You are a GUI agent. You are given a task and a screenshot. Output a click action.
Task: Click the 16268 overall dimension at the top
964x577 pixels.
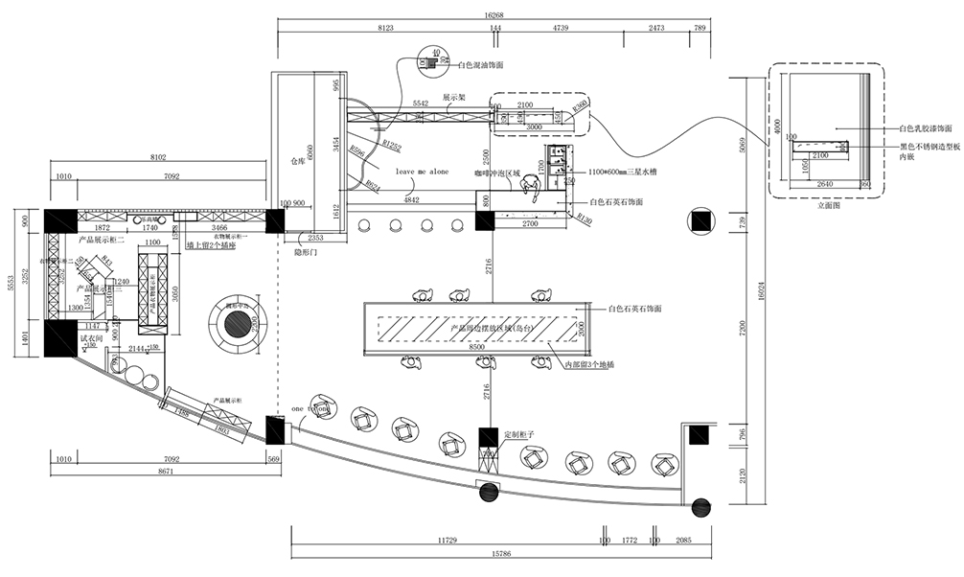point(494,15)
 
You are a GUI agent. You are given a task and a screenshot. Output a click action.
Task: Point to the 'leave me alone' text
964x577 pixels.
point(422,172)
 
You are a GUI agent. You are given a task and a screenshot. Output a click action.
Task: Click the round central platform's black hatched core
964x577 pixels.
point(236,325)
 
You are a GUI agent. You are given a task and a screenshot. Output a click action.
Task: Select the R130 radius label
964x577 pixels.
point(582,219)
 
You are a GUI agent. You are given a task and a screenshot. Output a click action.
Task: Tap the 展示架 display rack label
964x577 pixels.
point(453,98)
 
